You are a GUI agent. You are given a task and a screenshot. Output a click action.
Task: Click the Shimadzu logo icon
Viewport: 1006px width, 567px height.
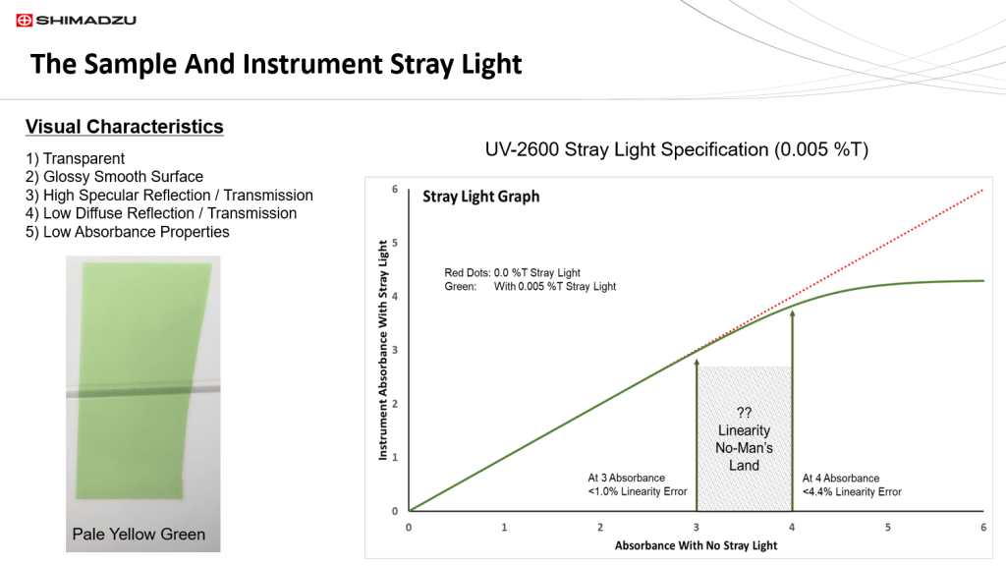[24, 20]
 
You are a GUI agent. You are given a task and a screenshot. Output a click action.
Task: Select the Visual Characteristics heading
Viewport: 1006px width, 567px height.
[125, 127]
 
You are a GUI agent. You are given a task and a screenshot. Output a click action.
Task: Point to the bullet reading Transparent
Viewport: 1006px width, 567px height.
[75, 158]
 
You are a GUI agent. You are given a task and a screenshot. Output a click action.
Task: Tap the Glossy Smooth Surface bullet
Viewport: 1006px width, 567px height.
[114, 176]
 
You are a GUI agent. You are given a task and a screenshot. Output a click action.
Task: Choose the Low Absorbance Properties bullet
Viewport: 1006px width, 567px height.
[127, 232]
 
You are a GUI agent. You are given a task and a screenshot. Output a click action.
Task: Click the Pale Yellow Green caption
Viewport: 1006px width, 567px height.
[139, 535]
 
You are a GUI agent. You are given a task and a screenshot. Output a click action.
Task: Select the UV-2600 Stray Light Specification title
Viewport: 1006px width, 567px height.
[676, 149]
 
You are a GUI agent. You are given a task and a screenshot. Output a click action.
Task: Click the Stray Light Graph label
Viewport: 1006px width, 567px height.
[480, 197]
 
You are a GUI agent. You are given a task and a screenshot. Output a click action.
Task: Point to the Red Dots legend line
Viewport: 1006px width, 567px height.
[512, 272]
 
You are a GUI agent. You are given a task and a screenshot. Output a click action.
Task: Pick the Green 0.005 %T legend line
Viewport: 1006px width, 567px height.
[530, 287]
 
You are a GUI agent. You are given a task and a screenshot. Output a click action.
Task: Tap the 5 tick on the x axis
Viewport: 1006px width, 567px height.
[887, 528]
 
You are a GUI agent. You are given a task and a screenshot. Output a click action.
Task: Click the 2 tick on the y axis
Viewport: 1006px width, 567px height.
[395, 404]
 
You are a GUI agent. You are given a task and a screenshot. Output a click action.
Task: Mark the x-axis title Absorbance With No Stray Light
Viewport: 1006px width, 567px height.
[696, 545]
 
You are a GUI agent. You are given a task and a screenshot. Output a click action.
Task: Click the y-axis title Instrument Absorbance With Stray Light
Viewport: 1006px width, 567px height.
[383, 350]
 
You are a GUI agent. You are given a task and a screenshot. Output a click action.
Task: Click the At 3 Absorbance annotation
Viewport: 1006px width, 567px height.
[637, 484]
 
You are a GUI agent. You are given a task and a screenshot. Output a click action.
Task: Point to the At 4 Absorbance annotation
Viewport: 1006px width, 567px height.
[852, 484]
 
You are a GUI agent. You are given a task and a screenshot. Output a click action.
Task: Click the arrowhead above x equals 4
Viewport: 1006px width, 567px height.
[793, 314]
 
